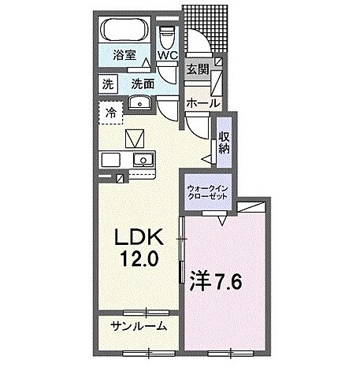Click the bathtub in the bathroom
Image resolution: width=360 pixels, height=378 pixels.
coord(124,32)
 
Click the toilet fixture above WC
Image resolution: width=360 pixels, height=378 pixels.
coord(168,37)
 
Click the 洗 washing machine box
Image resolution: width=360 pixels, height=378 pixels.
coord(107,83)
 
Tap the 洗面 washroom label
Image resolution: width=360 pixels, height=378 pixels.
coord(142,83)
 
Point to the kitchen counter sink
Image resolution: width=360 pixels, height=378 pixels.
coord(143,160)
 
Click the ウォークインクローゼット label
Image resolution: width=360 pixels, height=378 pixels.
coord(208,194)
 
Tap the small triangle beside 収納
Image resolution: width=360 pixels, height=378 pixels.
coord(206,159)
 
